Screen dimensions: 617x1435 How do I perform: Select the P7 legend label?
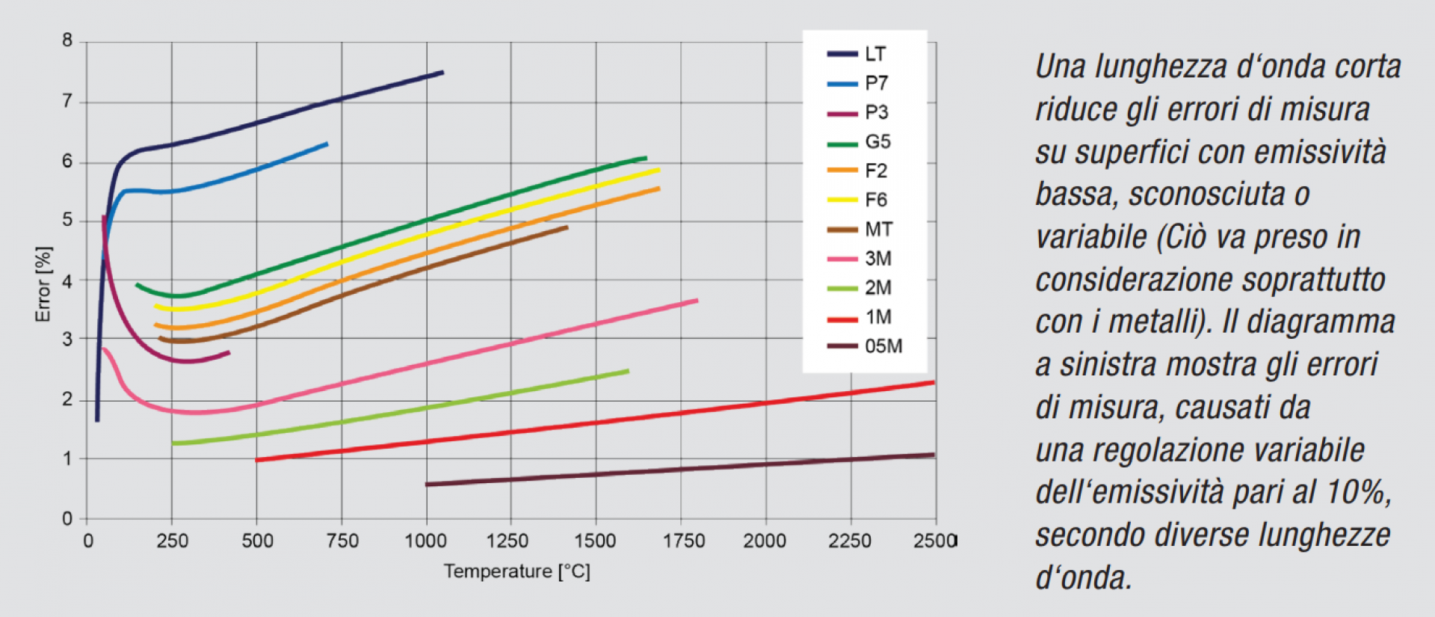coord(876,83)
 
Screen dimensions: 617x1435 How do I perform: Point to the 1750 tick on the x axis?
coord(683,541)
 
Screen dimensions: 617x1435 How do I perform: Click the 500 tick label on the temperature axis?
coord(257,541)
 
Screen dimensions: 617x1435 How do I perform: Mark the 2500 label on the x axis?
coord(934,541)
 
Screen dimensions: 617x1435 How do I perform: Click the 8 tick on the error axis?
coord(68,41)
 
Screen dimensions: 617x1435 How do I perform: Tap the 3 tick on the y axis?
coord(68,339)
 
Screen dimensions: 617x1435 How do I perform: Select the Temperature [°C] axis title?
coord(516,572)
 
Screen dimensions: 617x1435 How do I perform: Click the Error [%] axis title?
coord(43,284)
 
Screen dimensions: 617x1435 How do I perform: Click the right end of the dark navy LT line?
coord(442,73)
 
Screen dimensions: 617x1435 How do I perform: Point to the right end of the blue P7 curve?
coord(326,144)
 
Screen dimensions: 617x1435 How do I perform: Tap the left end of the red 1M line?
coord(257,460)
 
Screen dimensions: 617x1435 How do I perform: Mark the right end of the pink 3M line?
coord(696,301)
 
